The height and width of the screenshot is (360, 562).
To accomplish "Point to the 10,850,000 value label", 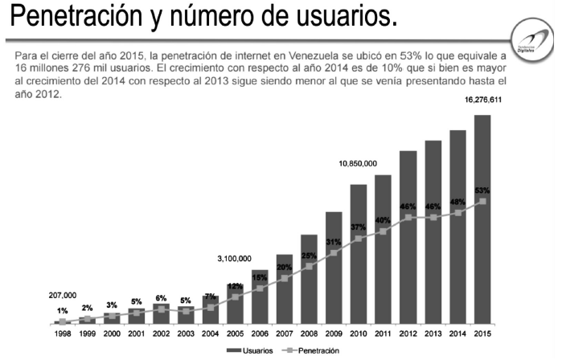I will pyautogui.click(x=358, y=163).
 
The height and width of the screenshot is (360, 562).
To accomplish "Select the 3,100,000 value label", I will pyautogui.click(x=235, y=259).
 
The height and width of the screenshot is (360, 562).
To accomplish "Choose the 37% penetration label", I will pyautogui.click(x=359, y=227).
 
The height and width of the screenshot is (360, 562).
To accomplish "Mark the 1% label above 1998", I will pyautogui.click(x=62, y=311).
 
